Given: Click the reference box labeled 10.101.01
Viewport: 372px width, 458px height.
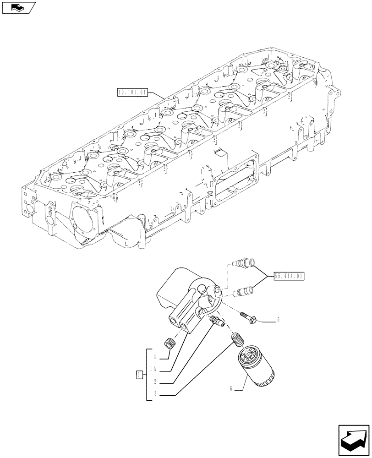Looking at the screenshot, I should [x=132, y=92].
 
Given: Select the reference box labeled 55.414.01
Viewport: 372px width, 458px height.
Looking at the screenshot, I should [x=289, y=276].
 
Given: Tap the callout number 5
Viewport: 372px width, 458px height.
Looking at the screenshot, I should [x=278, y=320].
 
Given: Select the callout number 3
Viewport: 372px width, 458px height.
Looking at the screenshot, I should [x=156, y=394].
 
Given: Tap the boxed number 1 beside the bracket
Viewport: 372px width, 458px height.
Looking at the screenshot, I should [x=138, y=375].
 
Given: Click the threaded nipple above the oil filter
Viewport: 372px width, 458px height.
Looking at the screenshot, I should [x=237, y=341].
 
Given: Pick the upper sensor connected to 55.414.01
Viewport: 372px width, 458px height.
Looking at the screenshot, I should [x=243, y=264].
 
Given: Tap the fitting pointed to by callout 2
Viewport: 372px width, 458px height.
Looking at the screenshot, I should [x=216, y=321].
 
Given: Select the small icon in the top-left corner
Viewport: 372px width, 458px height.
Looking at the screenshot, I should [x=18, y=7].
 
